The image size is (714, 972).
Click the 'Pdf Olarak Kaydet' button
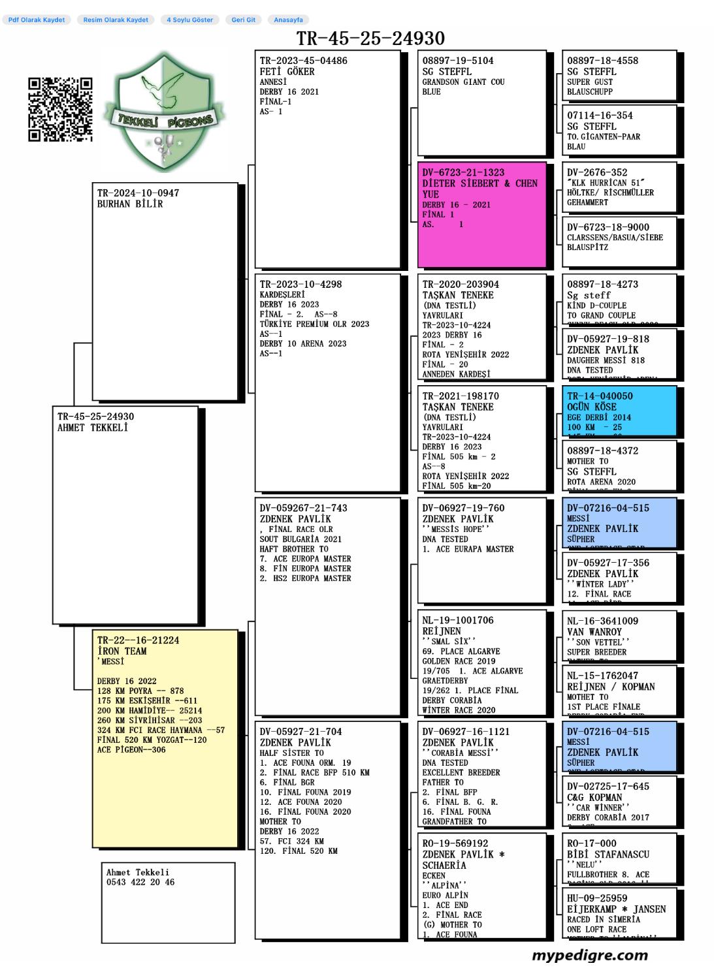point(37,20)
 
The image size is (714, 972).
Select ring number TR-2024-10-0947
point(138,193)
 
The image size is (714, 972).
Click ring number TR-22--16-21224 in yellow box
point(138,640)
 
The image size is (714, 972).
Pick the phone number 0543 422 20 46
point(140,883)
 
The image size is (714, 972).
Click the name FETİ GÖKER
point(287,72)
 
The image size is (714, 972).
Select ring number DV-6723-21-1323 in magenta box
point(463,172)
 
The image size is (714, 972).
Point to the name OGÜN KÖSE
point(591,407)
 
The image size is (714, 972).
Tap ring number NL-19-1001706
point(458,620)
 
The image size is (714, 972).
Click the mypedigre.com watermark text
point(589,956)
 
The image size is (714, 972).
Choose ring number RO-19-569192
point(455,843)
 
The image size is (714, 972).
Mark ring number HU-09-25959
point(597,898)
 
